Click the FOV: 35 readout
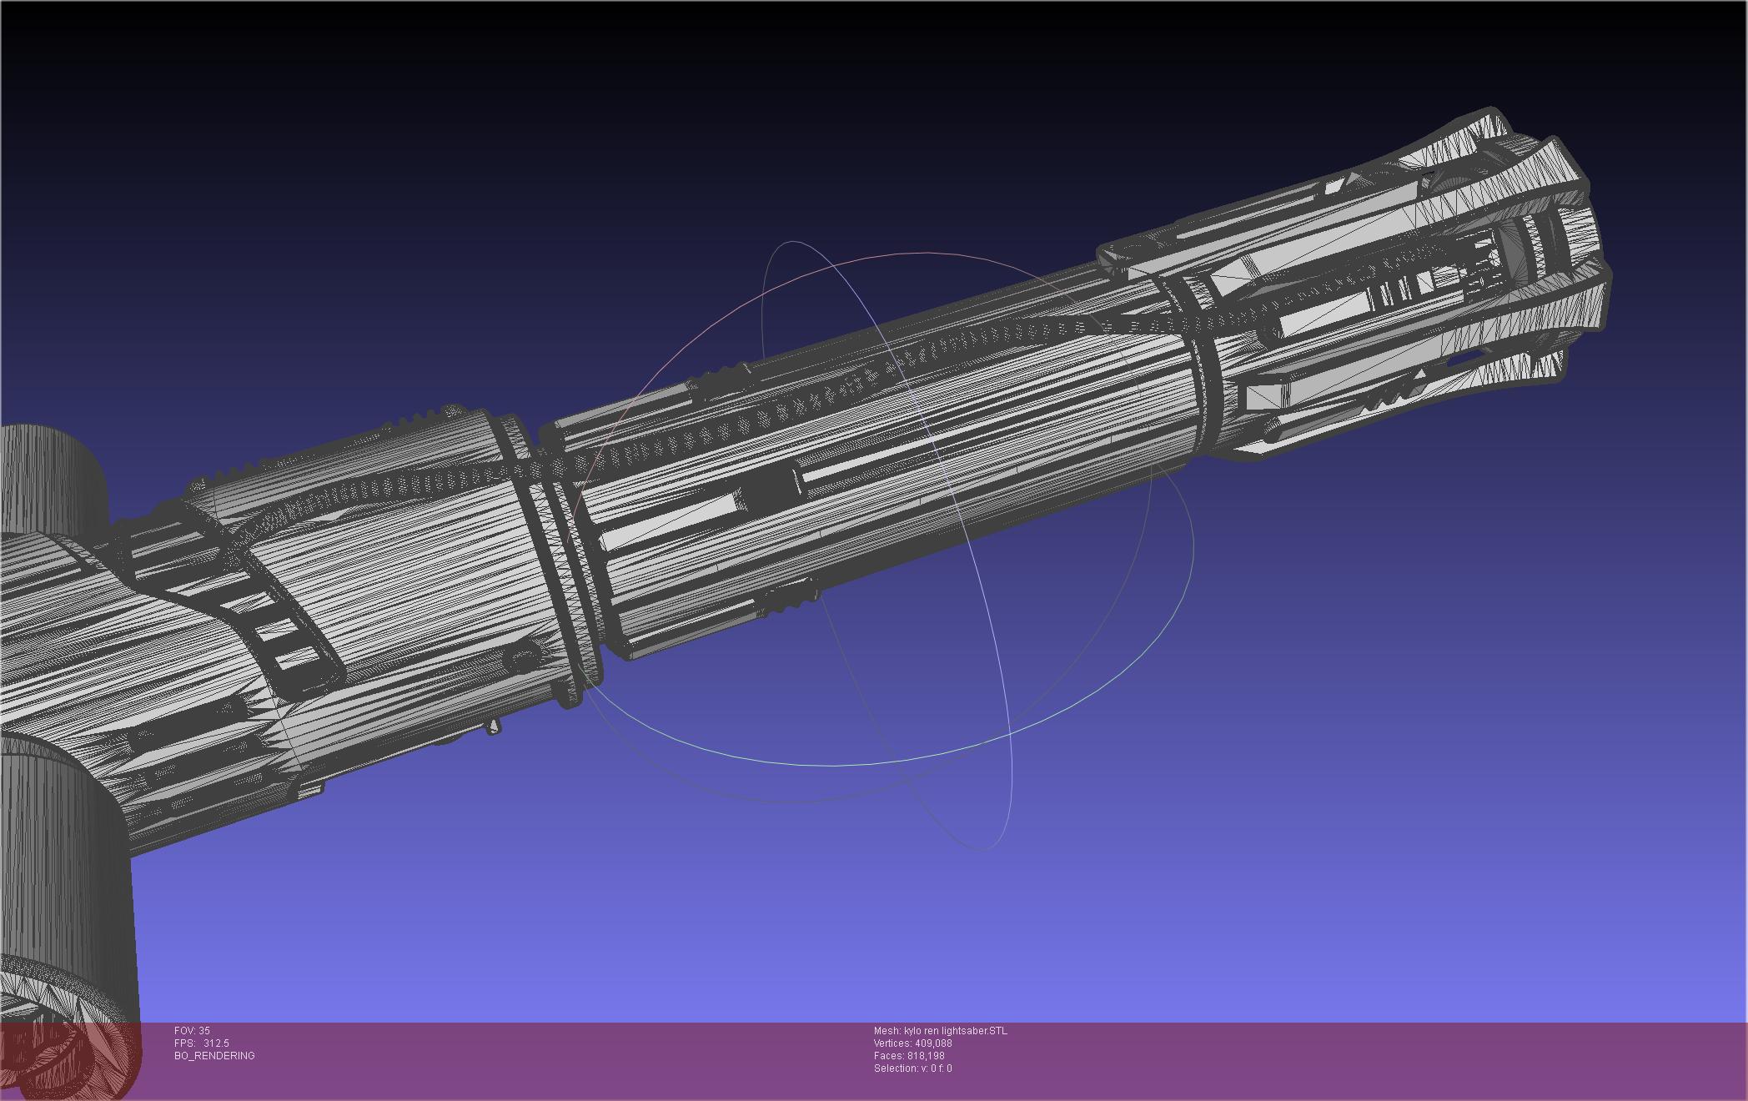192,1031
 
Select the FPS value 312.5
216,1043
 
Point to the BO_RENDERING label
214,1056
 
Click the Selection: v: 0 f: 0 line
912,1068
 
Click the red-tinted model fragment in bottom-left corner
71,1059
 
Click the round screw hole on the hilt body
524,661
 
